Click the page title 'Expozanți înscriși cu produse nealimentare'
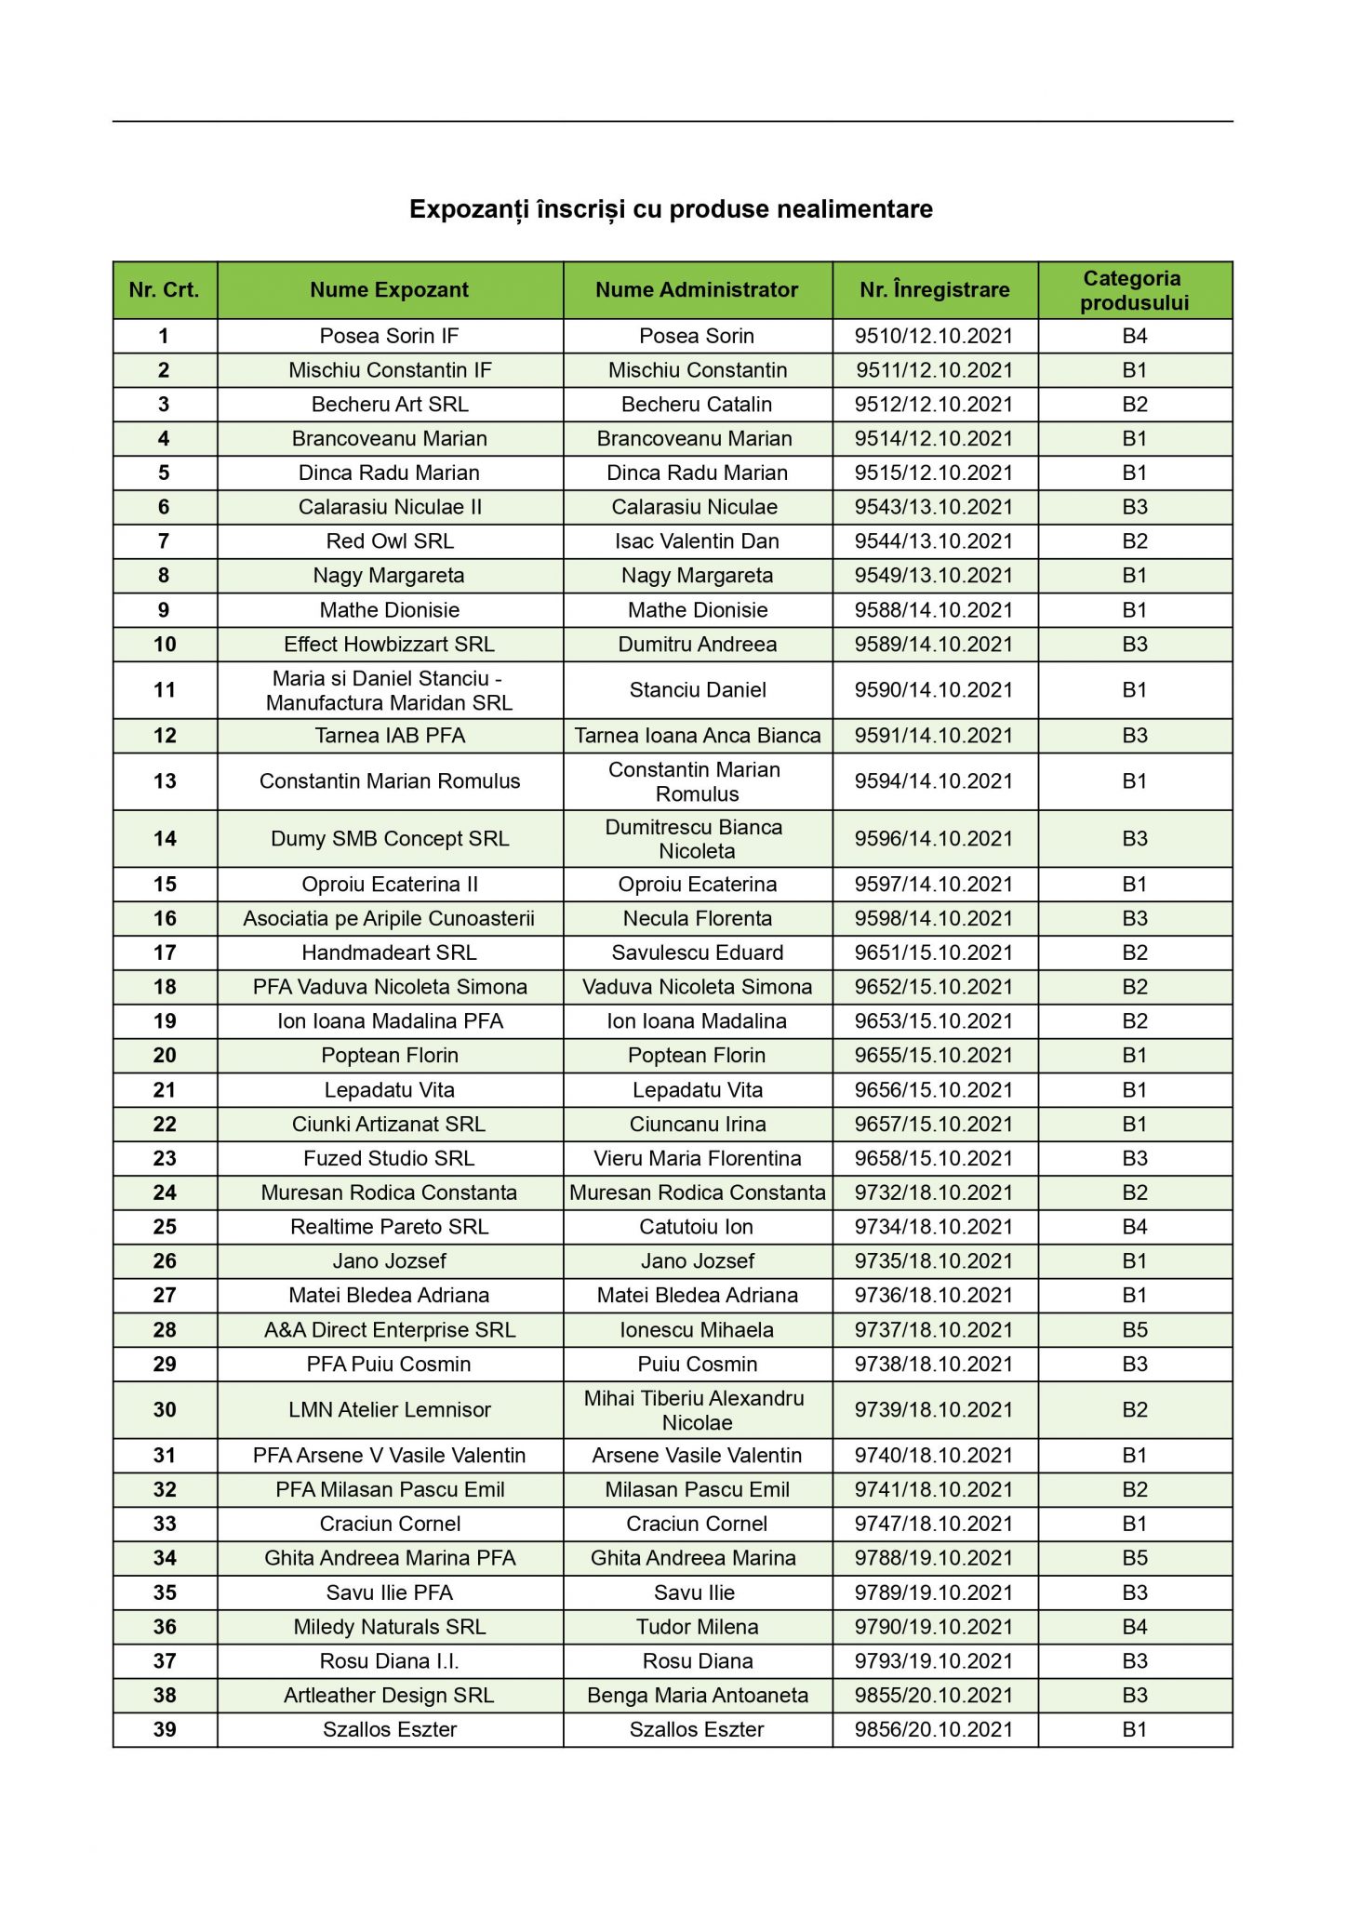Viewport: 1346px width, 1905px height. (671, 209)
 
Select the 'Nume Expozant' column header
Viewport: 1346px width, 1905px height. (389, 290)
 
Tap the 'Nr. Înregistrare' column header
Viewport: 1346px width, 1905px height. (934, 290)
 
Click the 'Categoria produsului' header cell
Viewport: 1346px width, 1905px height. (1134, 290)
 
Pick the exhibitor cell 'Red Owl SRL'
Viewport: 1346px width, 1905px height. (389, 541)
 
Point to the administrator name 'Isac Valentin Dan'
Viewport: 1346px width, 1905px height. (697, 541)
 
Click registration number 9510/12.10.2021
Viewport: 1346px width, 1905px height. (934, 336)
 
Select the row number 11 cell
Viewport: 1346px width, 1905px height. (165, 690)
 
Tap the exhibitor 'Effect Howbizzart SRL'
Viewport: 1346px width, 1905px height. (389, 645)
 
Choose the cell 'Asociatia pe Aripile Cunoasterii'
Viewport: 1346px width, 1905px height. (389, 919)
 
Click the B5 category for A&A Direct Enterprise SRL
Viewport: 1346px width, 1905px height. (1134, 1330)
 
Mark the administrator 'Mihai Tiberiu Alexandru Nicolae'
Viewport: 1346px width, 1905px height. (697, 1410)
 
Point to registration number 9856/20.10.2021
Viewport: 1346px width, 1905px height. (934, 1730)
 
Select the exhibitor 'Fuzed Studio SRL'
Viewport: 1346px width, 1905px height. (389, 1159)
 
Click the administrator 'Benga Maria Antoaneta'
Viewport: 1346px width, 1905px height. (697, 1696)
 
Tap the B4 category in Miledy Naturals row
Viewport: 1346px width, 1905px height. (1134, 1627)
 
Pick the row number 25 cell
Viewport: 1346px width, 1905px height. (165, 1227)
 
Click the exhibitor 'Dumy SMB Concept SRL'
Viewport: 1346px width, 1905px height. (389, 839)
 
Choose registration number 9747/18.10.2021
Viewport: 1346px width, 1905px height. (934, 1524)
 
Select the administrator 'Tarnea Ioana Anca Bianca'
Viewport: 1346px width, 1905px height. (697, 736)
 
